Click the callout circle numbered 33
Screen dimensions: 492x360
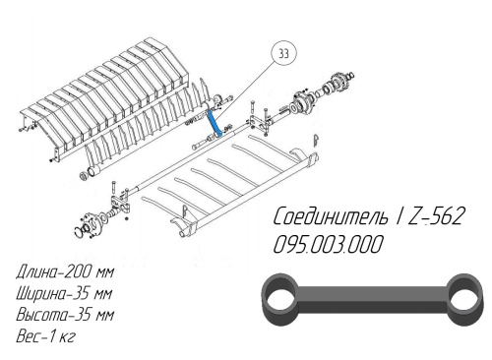tap(283, 53)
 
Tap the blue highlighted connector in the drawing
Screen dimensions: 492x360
tap(214, 123)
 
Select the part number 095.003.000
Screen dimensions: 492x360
tap(328, 244)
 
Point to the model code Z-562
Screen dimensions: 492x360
tap(436, 216)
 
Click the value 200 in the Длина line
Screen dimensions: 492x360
tap(78, 271)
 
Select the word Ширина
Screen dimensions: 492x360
tap(40, 293)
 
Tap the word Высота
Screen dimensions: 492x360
tap(40, 315)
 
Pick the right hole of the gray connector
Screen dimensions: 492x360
tap(463, 300)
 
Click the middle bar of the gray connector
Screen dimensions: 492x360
tap(372, 299)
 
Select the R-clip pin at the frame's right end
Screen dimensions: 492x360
tap(316, 141)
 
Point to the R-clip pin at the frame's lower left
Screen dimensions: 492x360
tap(184, 211)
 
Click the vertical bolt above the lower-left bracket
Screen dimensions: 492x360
tap(113, 189)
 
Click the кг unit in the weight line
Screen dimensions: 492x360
tap(67, 336)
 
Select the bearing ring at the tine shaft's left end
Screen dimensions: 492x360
tap(85, 176)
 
